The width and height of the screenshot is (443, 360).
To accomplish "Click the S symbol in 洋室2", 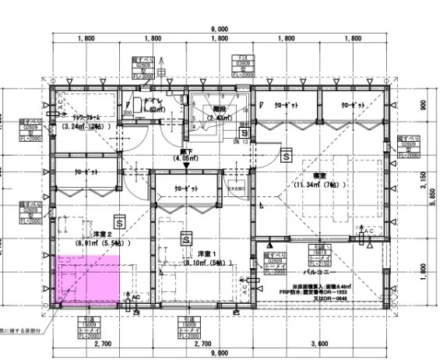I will (118, 220).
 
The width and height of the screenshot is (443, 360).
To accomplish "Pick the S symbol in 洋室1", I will (187, 238).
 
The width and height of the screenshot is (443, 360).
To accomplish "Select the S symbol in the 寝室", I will (287, 156).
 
